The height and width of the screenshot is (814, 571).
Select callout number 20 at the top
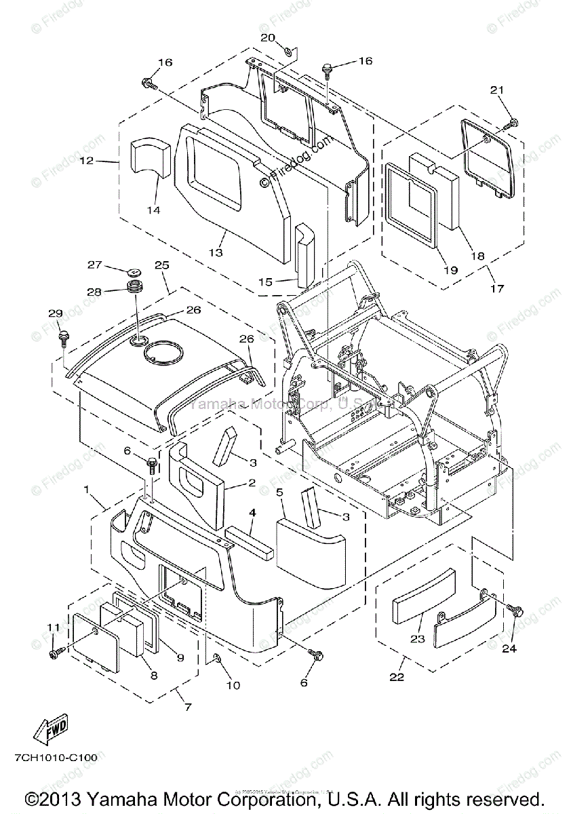pos(268,37)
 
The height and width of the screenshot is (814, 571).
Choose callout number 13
pos(215,252)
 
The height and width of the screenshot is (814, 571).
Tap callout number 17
pos(497,288)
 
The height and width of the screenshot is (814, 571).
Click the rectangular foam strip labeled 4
pos(251,544)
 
